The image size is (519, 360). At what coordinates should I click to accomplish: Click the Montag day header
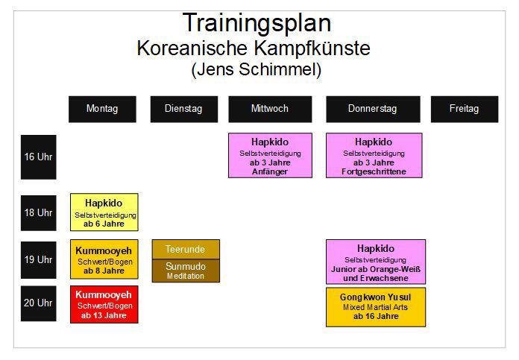pos(102,109)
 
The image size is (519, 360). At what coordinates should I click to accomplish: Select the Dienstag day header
pos(184,109)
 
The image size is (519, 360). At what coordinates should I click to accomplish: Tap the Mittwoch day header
pos(270,109)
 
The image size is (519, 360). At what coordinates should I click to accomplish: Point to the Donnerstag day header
pos(373,109)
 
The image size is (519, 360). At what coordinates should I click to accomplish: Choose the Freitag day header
pos(465,109)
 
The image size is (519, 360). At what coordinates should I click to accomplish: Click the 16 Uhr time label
pos(38,157)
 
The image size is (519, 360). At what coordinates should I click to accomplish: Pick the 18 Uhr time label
pos(38,213)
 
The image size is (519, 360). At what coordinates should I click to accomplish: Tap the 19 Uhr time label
pos(38,260)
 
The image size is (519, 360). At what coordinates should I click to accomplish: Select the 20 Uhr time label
pos(38,303)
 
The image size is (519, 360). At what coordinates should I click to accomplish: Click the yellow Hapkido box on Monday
pos(104,212)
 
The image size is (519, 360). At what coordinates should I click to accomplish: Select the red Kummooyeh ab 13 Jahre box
pos(104,304)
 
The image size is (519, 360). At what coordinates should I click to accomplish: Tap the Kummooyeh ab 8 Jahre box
pos(104,259)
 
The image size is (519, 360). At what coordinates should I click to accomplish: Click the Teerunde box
pos(186,249)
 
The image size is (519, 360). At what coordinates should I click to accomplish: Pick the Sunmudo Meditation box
pos(186,271)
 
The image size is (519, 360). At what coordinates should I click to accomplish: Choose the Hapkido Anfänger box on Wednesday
pos(270,156)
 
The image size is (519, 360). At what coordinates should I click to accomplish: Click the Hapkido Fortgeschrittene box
pos(374,156)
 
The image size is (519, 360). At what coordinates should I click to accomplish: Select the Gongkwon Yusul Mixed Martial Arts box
pos(376,307)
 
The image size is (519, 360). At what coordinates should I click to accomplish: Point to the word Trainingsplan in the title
pos(257,23)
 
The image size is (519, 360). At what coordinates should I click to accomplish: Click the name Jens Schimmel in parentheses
pos(257,69)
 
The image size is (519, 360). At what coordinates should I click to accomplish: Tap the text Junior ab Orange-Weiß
pos(376,269)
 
